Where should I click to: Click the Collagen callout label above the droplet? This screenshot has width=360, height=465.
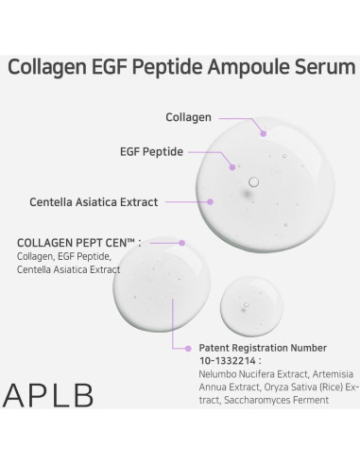tap(189, 118)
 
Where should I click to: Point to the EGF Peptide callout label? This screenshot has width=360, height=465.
tap(152, 151)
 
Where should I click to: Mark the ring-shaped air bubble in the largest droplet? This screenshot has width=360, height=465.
tap(253, 181)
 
